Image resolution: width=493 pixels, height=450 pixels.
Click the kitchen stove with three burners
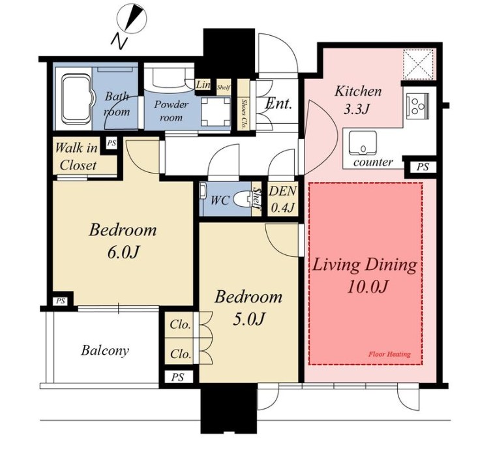(417, 106)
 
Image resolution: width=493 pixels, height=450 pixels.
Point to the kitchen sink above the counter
(363, 143)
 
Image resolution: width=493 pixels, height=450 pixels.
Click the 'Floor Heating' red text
(389, 354)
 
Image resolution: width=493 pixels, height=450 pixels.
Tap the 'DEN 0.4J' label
(282, 199)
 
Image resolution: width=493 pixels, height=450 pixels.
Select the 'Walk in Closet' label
(76, 157)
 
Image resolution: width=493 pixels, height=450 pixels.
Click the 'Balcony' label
(105, 350)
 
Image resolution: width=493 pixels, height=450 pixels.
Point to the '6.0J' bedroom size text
(123, 252)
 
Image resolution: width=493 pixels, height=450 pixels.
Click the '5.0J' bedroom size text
(248, 319)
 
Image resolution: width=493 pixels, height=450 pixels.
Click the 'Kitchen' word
(358, 91)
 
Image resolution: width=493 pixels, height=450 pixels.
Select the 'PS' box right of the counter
(423, 166)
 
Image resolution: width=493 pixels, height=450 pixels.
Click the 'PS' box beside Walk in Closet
(112, 143)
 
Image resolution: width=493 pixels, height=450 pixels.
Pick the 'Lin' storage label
(203, 85)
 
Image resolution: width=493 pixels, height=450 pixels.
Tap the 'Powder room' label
(171, 111)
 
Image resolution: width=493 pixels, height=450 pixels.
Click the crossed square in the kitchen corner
(418, 65)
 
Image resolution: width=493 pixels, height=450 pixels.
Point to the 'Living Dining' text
(365, 265)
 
